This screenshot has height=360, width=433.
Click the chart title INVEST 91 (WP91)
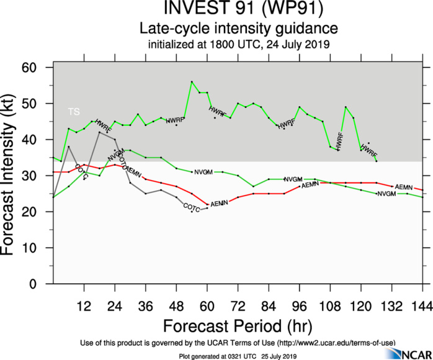click(x=238, y=10)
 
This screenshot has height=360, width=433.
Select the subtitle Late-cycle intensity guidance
click(x=238, y=29)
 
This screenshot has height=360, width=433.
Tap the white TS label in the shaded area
click(x=74, y=112)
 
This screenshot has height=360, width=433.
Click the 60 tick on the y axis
click(x=40, y=68)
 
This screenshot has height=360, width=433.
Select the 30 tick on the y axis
click(x=40, y=176)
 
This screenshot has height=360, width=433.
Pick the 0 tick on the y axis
click(x=43, y=284)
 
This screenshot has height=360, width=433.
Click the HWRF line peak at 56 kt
click(x=192, y=82)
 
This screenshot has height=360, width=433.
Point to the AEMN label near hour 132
click(x=403, y=187)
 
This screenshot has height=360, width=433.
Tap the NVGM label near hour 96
click(x=293, y=179)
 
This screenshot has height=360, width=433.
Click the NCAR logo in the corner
click(x=406, y=353)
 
